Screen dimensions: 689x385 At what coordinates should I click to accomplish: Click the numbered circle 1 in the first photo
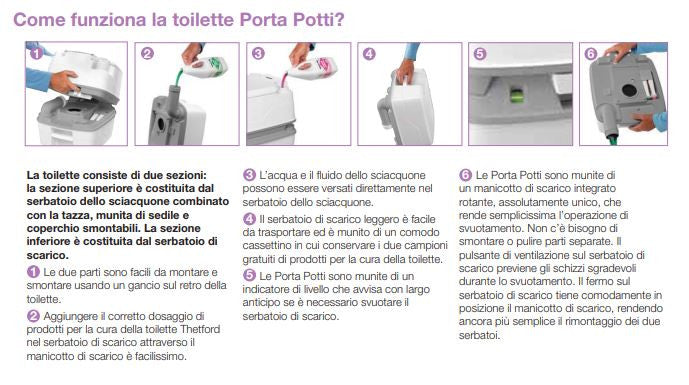[x=36, y=54]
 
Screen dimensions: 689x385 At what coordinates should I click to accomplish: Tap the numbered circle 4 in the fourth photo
[x=369, y=54]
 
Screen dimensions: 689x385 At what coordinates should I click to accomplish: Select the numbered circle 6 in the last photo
[x=591, y=54]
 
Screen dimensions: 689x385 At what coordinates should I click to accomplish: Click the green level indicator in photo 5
[x=517, y=95]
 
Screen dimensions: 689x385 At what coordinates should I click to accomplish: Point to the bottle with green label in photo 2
[x=205, y=67]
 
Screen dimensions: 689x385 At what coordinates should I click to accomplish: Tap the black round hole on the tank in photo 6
[x=629, y=91]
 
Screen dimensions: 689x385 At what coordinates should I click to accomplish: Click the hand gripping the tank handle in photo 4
[x=405, y=71]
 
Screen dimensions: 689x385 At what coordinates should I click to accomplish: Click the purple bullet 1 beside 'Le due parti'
[x=33, y=272]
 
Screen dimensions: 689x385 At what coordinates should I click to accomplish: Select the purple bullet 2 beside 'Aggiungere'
[x=33, y=316]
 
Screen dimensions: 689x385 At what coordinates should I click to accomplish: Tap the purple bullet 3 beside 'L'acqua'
[x=249, y=175]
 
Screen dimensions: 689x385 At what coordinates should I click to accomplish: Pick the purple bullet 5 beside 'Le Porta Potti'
[x=249, y=276]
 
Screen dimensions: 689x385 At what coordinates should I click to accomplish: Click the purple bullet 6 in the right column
[x=465, y=175]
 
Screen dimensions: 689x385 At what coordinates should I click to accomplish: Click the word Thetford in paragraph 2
[x=200, y=329]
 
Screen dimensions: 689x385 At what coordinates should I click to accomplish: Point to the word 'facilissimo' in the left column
[x=160, y=356]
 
